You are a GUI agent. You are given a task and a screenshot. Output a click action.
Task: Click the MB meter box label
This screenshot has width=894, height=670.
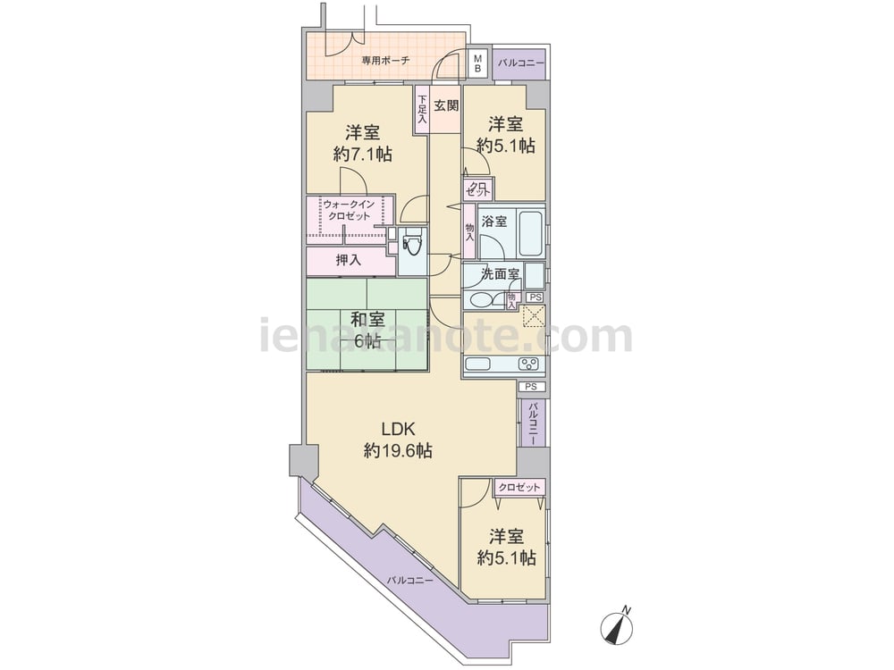pyautogui.click(x=477, y=63)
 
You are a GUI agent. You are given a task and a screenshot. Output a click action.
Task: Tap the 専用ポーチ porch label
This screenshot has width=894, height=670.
pyautogui.click(x=385, y=61)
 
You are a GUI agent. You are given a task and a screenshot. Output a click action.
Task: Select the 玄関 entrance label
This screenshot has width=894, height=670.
pyautogui.click(x=446, y=106)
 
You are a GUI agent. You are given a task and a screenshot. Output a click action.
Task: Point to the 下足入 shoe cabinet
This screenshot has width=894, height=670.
pyautogui.click(x=422, y=109)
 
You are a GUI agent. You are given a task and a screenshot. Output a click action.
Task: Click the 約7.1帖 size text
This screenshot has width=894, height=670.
pyautogui.click(x=363, y=154)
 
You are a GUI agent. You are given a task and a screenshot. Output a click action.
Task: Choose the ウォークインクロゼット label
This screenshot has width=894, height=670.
pyautogui.click(x=349, y=210)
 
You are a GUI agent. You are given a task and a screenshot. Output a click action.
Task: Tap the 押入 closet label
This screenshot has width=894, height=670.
pyautogui.click(x=349, y=260)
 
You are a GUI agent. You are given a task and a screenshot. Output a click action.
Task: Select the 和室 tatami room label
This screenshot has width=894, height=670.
pyautogui.click(x=367, y=320)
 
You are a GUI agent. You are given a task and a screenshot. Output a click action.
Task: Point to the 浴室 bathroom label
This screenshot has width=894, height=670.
pyautogui.click(x=493, y=222)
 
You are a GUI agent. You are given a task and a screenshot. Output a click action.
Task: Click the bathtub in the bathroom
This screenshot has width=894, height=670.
pyautogui.click(x=530, y=233)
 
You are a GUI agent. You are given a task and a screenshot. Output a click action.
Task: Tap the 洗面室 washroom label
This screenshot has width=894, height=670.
pyautogui.click(x=501, y=274)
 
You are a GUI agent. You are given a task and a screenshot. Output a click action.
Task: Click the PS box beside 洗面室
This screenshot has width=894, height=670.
pyautogui.click(x=535, y=297)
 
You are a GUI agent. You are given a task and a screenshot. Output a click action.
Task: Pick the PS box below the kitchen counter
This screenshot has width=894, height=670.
pyautogui.click(x=531, y=387)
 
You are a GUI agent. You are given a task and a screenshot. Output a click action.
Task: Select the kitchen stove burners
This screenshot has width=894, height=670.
pyautogui.click(x=528, y=364)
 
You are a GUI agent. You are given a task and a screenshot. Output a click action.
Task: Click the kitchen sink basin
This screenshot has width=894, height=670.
pyautogui.click(x=477, y=364)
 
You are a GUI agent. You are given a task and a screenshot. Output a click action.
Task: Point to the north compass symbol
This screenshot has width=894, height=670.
pyautogui.click(x=617, y=628)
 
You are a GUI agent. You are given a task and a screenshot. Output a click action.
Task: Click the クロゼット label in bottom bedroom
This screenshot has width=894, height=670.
pyautogui.click(x=519, y=488)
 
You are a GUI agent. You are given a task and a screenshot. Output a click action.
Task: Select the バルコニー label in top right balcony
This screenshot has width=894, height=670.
pyautogui.click(x=521, y=63)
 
